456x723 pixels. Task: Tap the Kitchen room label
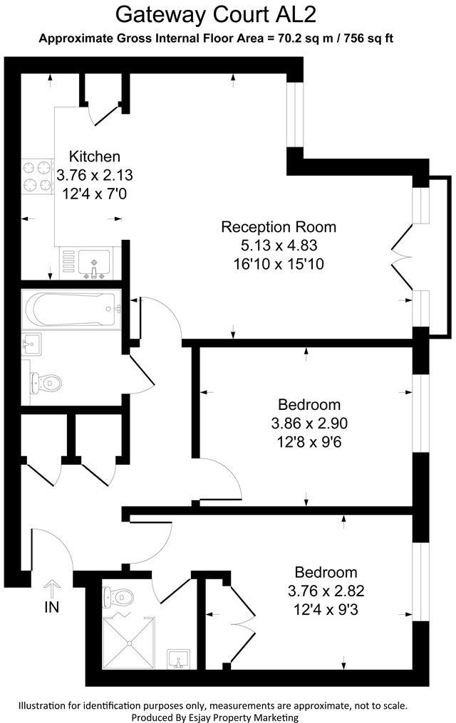click(94, 157)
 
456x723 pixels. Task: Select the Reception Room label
click(279, 227)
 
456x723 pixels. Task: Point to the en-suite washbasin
click(178, 660)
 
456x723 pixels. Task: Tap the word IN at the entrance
click(52, 607)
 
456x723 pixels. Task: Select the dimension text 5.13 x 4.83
click(279, 246)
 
